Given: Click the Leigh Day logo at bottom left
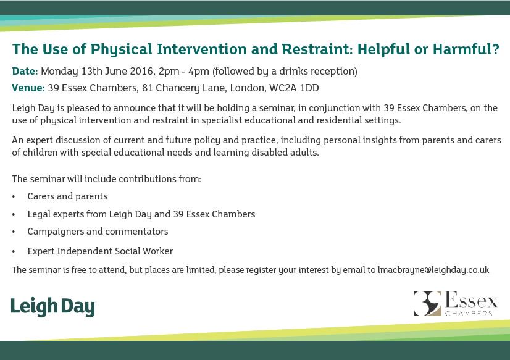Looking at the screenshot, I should click(x=52, y=306).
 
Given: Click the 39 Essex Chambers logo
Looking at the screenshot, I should click(x=456, y=303).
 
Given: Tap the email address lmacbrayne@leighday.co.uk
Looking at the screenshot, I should click(x=433, y=270).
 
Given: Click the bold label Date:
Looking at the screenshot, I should click(x=25, y=71).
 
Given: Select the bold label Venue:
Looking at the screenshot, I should click(x=28, y=88).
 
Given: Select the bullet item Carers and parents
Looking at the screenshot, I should click(x=67, y=196).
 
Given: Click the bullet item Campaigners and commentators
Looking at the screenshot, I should click(x=98, y=232).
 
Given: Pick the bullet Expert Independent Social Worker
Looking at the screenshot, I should click(x=100, y=251).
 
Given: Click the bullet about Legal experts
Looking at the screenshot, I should click(x=141, y=214).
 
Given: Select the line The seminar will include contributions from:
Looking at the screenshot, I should click(x=106, y=179).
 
